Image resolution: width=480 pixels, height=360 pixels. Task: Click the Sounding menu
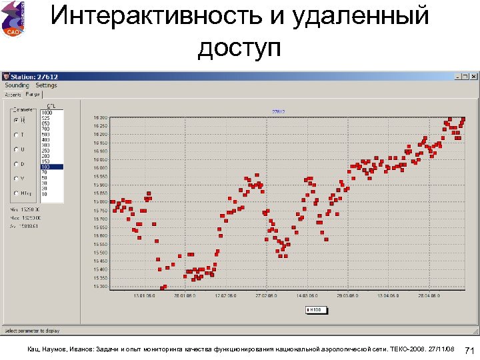click(x=17, y=85)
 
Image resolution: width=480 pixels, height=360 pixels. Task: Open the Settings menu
click(x=46, y=85)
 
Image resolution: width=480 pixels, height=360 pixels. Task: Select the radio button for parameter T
click(x=16, y=135)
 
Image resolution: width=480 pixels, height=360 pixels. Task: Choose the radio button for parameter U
click(x=16, y=149)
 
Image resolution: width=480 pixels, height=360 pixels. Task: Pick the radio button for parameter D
click(x=16, y=164)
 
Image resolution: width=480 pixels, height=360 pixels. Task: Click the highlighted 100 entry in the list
click(x=51, y=167)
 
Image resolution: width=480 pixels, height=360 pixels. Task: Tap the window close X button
click(x=474, y=77)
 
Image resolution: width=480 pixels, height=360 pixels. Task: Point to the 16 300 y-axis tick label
click(x=100, y=118)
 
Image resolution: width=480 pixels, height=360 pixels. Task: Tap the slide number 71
click(x=469, y=350)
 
